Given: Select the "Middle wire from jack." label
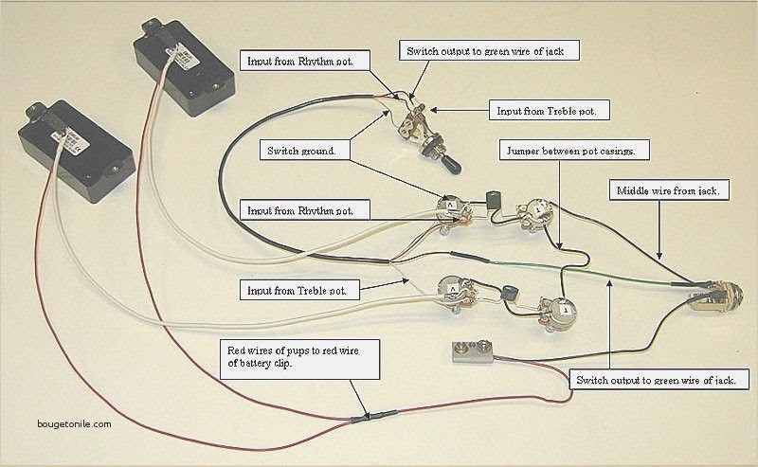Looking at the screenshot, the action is pyautogui.click(x=669, y=190).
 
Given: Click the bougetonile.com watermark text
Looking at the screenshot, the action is pyautogui.click(x=74, y=424).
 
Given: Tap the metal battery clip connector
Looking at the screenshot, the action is pyautogui.click(x=472, y=351).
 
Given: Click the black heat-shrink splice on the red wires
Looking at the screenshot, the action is pyautogui.click(x=374, y=416).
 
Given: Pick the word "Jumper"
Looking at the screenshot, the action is pyautogui.click(x=523, y=151).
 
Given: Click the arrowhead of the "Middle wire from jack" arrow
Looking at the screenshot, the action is pyautogui.click(x=659, y=255).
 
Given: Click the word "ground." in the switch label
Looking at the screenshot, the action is pyautogui.click(x=318, y=151).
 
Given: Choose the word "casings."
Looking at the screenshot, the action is pyautogui.click(x=617, y=151).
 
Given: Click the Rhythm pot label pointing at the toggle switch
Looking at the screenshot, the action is pyautogui.click(x=305, y=61).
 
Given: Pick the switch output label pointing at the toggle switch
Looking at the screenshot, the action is pyautogui.click(x=489, y=50).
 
